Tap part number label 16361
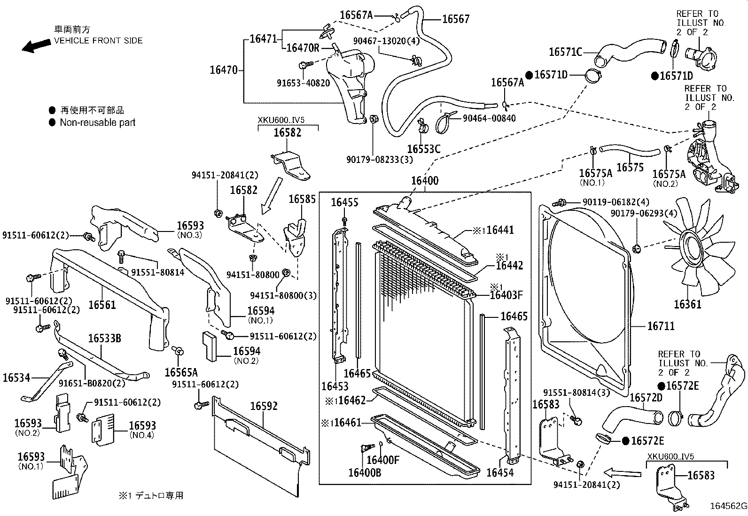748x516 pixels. coord(687,305)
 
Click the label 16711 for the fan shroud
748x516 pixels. coord(661,326)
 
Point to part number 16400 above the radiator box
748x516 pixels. coord(425,181)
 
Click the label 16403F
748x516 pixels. coord(506,295)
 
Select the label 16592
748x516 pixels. coord(264,406)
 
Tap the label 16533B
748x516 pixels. coord(104,339)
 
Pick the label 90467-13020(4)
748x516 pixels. coord(386,41)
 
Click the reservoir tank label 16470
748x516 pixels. coord(224,70)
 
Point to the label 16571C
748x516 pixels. coord(565,52)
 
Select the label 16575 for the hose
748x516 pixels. coord(630,168)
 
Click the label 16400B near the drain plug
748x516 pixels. coord(364,472)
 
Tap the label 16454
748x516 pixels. coord(500,472)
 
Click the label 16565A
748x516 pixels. coord(181,373)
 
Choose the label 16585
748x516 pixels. coord(302,199)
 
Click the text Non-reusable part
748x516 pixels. coord(97,123)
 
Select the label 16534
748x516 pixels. coord(16,377)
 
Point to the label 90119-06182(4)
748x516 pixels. coord(616,202)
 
